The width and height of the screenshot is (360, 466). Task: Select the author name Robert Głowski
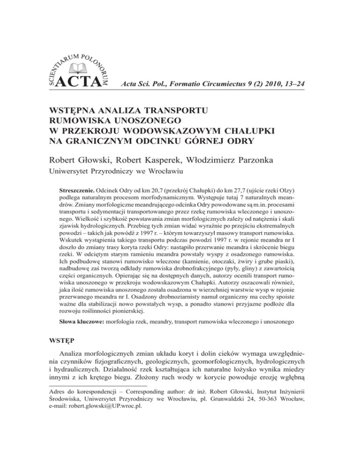(78, 161)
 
